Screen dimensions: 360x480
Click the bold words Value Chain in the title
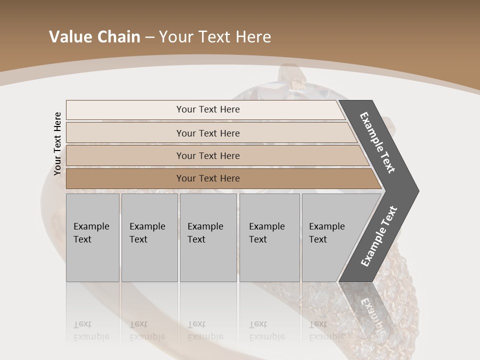tap(94, 37)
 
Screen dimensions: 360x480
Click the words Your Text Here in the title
tap(215, 37)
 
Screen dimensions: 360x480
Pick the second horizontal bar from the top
tap(208, 133)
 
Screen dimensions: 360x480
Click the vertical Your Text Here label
tap(57, 144)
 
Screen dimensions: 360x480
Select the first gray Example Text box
tap(92, 237)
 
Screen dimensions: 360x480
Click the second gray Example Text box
tap(149, 237)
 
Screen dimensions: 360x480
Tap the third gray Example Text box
tap(208, 237)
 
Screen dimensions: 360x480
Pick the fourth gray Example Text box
tap(269, 237)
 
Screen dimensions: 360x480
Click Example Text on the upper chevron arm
tap(377, 142)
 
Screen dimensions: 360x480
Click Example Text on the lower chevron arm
tap(379, 236)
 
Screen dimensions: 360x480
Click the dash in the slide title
tap(149, 37)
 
